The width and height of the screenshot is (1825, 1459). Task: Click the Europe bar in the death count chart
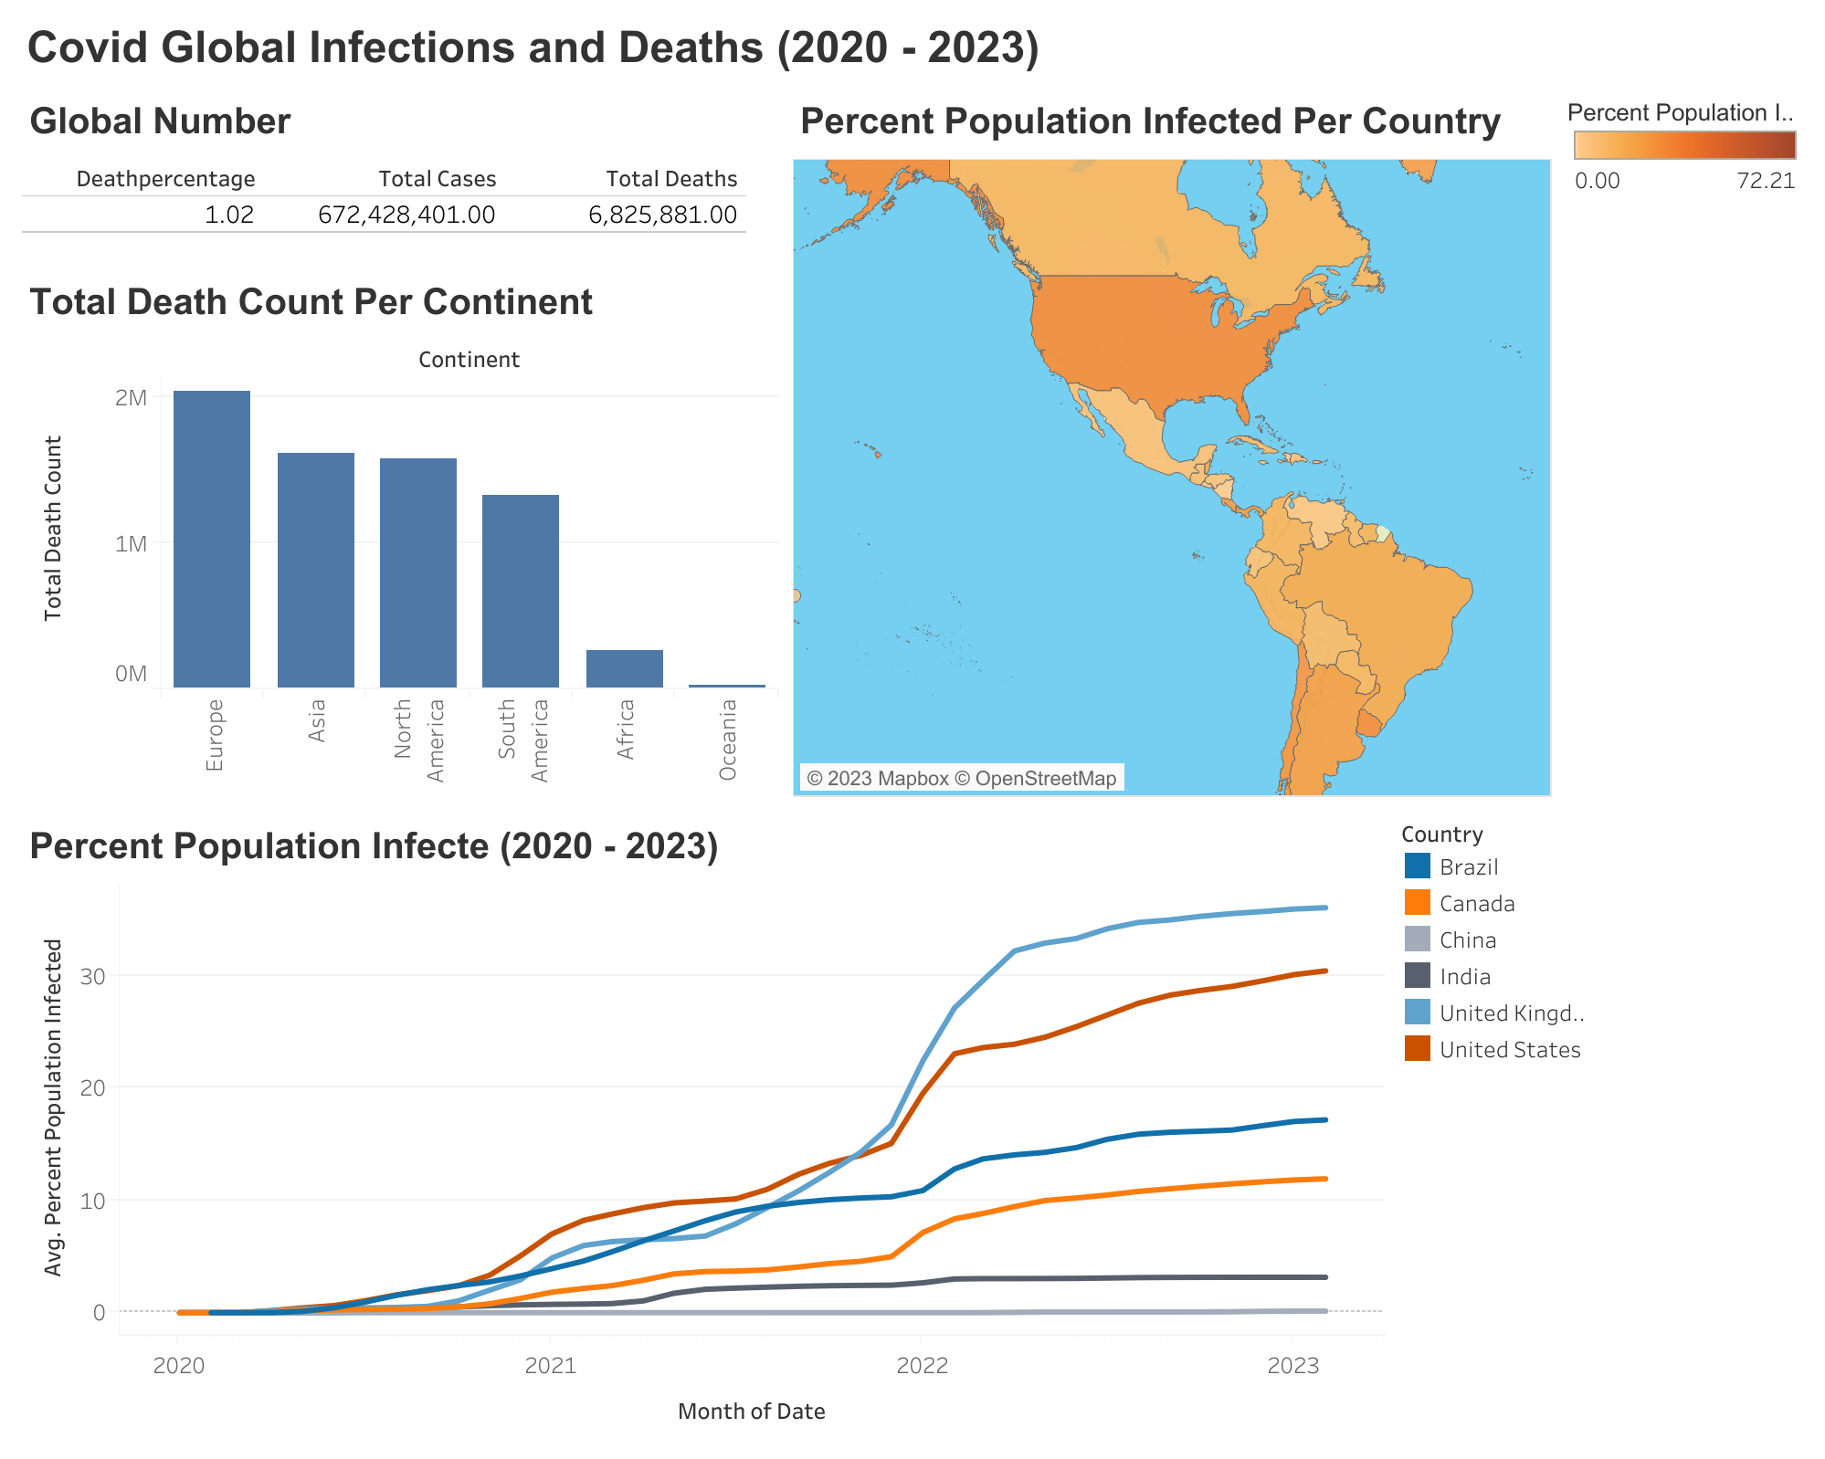(x=212, y=539)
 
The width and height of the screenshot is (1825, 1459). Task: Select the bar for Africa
(x=625, y=668)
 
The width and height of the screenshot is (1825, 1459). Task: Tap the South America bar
(x=521, y=591)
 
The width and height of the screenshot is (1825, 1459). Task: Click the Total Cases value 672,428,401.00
(x=406, y=215)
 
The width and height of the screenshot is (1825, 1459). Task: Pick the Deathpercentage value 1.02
(x=229, y=215)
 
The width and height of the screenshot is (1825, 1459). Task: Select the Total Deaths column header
(x=671, y=179)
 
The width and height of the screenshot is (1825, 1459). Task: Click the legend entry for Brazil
(x=1469, y=866)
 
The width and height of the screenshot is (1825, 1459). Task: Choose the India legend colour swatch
(x=1417, y=976)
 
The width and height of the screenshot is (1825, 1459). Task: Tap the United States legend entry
(x=1509, y=1050)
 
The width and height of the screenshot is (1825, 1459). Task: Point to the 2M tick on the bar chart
(x=131, y=398)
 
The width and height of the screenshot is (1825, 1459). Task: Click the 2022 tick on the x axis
(x=922, y=1365)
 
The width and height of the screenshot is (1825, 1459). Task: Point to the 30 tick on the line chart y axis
(x=94, y=975)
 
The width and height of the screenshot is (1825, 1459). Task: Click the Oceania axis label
(x=728, y=740)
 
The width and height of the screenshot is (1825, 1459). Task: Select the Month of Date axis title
(x=751, y=1412)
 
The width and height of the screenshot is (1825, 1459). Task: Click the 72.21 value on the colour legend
(x=1766, y=181)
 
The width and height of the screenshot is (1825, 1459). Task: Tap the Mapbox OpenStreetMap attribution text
(x=962, y=778)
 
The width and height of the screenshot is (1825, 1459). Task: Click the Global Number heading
(x=160, y=121)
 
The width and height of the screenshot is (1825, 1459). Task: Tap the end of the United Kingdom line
(x=1324, y=908)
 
